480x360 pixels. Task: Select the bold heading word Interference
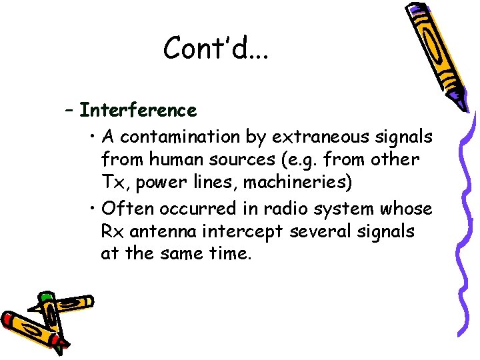tap(138, 109)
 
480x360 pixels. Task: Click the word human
tap(171, 161)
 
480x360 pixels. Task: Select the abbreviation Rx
tap(111, 232)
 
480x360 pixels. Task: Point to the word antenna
tap(161, 232)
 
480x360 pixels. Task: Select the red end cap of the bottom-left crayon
tap(9, 319)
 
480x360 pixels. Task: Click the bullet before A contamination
tap(93, 138)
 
